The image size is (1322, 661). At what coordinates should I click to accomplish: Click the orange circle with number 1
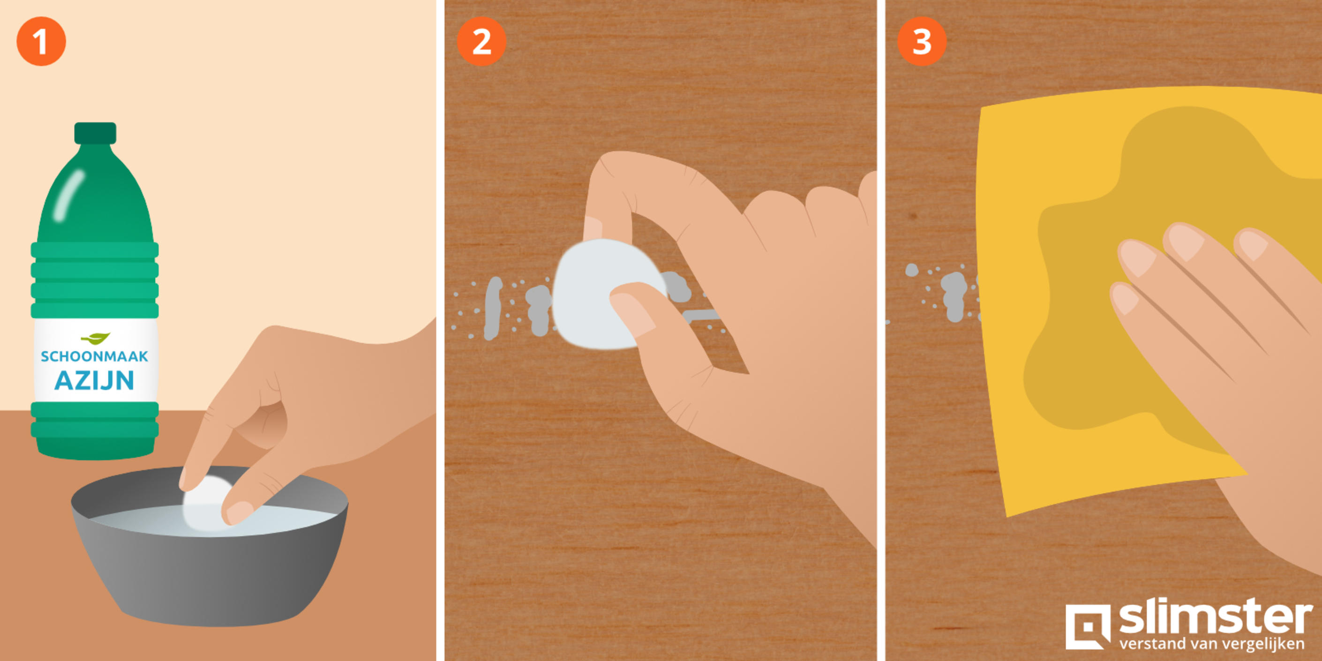click(x=41, y=41)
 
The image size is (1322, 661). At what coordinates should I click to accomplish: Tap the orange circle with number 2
click(x=481, y=41)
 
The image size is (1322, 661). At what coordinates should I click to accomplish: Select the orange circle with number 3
click(x=922, y=41)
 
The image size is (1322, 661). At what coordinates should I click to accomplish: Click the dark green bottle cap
click(x=95, y=133)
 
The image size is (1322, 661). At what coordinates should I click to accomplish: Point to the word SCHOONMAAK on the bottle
click(x=94, y=356)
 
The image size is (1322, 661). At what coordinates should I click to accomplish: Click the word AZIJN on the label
click(x=94, y=380)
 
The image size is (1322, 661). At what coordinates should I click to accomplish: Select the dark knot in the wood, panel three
click(x=912, y=217)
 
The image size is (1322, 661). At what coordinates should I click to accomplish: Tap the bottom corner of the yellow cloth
click(x=1008, y=516)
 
